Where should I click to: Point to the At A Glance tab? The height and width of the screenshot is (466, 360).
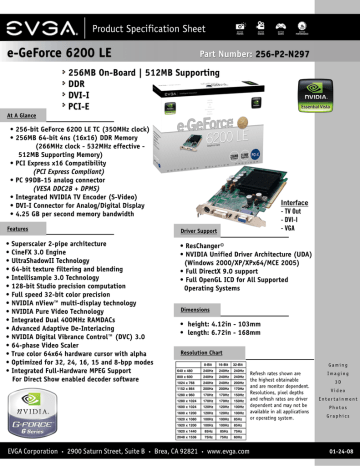(24, 115)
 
